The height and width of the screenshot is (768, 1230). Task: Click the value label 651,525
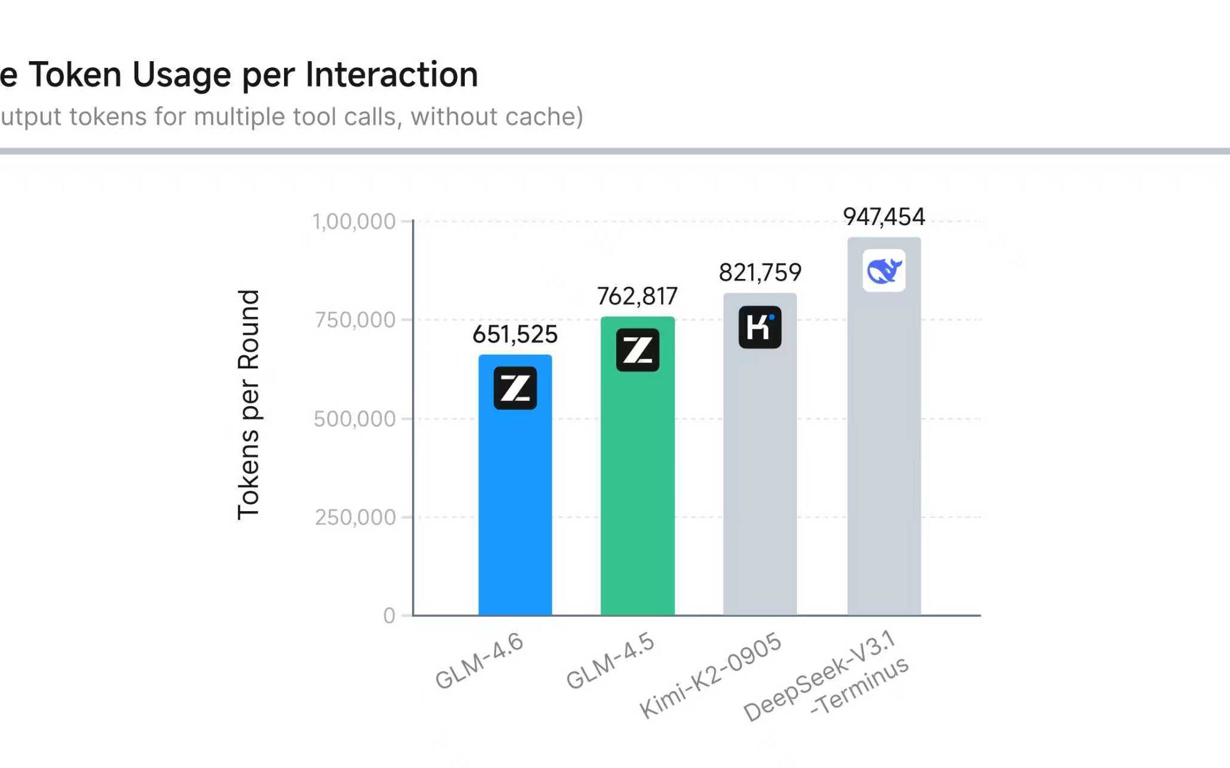[x=515, y=334]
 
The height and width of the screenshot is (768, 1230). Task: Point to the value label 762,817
[x=637, y=296]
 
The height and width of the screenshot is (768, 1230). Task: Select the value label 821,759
[x=760, y=272]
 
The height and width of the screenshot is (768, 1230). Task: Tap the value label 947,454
[x=883, y=217]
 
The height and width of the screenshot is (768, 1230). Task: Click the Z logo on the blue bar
[x=515, y=388]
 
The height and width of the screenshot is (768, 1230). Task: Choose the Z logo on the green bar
[x=637, y=350]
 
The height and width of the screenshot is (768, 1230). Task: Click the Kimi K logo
[x=760, y=327]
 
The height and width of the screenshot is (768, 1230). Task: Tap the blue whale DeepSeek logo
[x=883, y=271]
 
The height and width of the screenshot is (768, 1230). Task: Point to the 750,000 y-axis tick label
[x=355, y=320]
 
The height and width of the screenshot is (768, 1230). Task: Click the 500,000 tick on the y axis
[x=354, y=419]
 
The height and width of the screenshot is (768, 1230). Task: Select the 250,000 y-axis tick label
[x=355, y=517]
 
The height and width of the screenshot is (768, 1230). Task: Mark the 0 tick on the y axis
[x=389, y=616]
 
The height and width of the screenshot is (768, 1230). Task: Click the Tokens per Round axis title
[x=249, y=404]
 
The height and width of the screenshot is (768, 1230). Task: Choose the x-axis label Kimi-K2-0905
[x=710, y=674]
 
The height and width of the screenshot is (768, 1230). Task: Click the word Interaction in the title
[x=392, y=74]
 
